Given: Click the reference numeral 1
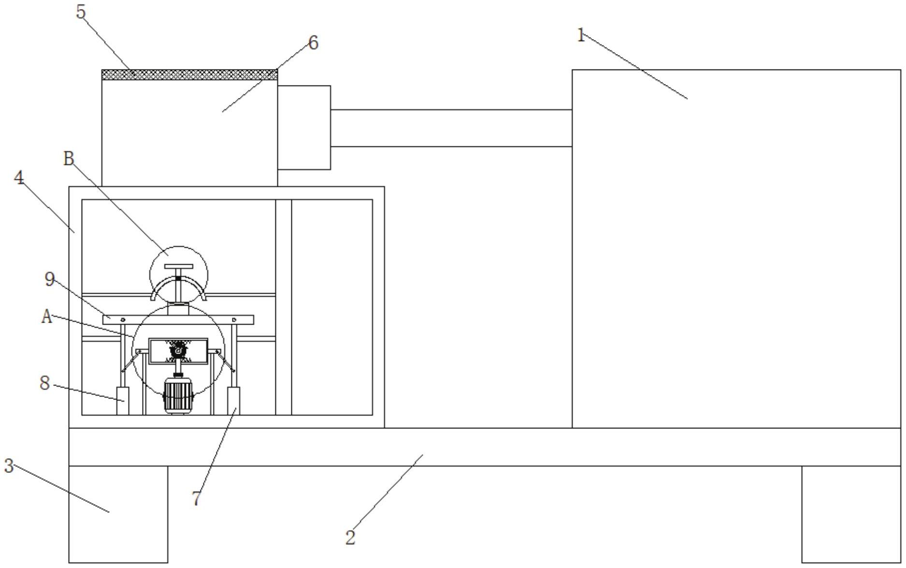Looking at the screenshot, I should click(581, 35).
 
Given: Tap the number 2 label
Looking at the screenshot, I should click(350, 537).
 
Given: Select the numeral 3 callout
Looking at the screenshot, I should click(9, 466).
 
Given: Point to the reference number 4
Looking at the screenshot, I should click(19, 178).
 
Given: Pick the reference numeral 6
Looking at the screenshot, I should click(313, 43).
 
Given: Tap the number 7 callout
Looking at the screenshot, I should click(196, 498).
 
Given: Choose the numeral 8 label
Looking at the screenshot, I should click(44, 383).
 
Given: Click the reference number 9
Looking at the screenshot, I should click(49, 279).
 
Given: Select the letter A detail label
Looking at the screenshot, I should click(46, 317).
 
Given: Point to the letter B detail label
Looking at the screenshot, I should click(69, 158).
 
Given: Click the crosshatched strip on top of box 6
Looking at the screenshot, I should click(189, 75).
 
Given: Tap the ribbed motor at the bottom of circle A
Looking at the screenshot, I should click(178, 396).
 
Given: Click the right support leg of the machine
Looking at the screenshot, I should click(851, 514).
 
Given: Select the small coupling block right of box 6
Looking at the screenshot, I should click(304, 128).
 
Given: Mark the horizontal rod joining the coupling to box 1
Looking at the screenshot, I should click(451, 128).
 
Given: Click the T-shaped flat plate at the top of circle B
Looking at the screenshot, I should click(178, 266).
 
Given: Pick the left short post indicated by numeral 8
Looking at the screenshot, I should click(123, 400).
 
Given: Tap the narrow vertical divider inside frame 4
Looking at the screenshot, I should click(284, 307).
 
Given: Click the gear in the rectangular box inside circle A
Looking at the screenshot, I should click(178, 349).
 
